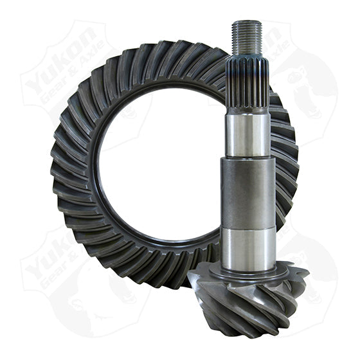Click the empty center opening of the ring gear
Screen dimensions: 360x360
click(161, 167)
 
